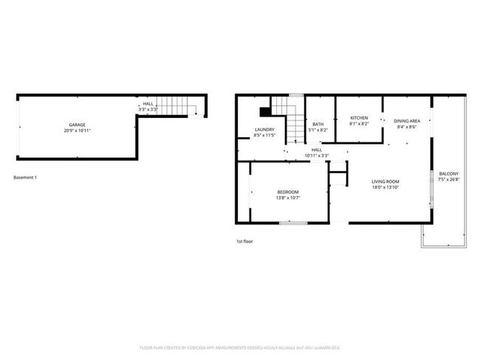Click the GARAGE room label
click(x=78, y=125)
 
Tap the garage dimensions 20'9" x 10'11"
click(x=78, y=131)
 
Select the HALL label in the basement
click(x=148, y=104)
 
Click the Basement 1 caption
click(x=25, y=177)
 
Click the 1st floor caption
click(x=244, y=241)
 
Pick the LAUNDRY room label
click(x=264, y=130)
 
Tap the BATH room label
click(x=318, y=124)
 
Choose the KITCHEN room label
click(x=359, y=118)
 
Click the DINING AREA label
click(x=407, y=121)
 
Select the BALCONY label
click(x=449, y=173)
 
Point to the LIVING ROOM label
click(x=385, y=181)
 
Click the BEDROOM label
click(x=288, y=192)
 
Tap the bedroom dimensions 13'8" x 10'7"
click(x=288, y=198)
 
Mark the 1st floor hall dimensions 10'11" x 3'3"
click(x=317, y=156)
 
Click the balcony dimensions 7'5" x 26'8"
click(x=449, y=179)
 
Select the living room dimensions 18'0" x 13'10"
click(x=385, y=187)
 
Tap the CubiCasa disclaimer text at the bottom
click(x=239, y=347)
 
